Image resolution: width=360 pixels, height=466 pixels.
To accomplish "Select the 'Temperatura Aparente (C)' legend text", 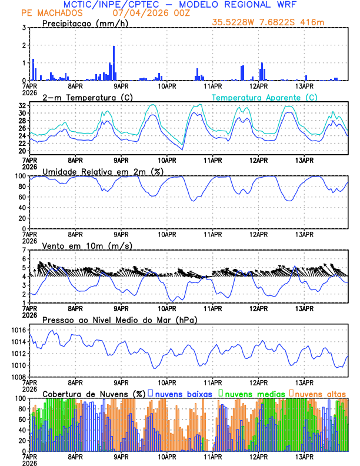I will [265, 97].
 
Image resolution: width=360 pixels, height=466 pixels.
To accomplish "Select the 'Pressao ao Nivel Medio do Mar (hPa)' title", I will [119, 319].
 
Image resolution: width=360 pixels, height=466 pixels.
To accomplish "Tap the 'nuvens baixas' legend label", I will [179, 394].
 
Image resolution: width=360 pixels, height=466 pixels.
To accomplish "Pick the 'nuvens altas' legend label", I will [320, 394].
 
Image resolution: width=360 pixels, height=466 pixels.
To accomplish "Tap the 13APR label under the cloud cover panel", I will [304, 457].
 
